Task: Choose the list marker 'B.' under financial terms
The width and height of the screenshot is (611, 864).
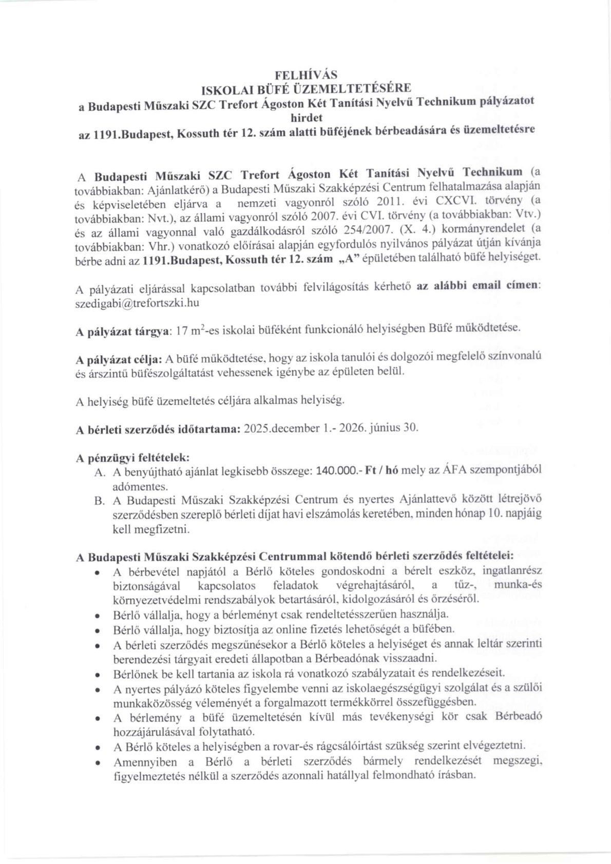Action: coord(100,499)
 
